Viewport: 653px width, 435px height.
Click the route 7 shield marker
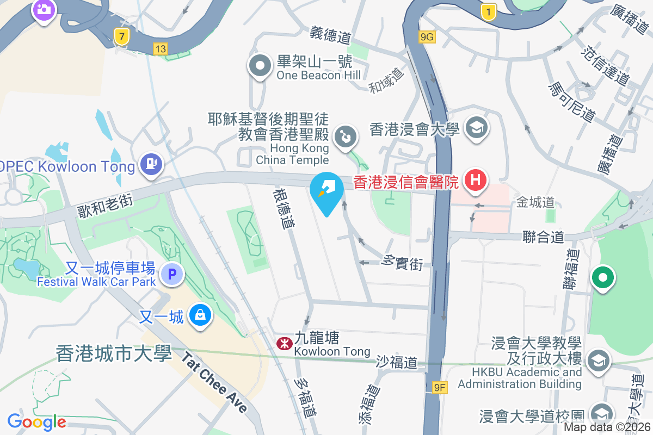[x=122, y=37]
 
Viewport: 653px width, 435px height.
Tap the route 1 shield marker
[x=489, y=11]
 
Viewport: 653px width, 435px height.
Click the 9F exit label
[x=440, y=388]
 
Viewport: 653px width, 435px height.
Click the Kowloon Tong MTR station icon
[x=284, y=343]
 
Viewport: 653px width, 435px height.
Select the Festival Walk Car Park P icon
[x=174, y=275]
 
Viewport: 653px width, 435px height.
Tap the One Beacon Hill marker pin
[x=260, y=66]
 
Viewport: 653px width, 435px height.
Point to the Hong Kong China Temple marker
[x=345, y=136]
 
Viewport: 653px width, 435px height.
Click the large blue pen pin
[x=326, y=192]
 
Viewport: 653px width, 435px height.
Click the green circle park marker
[x=602, y=278]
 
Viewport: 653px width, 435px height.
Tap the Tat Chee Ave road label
[x=214, y=383]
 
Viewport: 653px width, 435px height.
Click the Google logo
[x=36, y=421]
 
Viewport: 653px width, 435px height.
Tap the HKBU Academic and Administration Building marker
[x=597, y=359]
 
